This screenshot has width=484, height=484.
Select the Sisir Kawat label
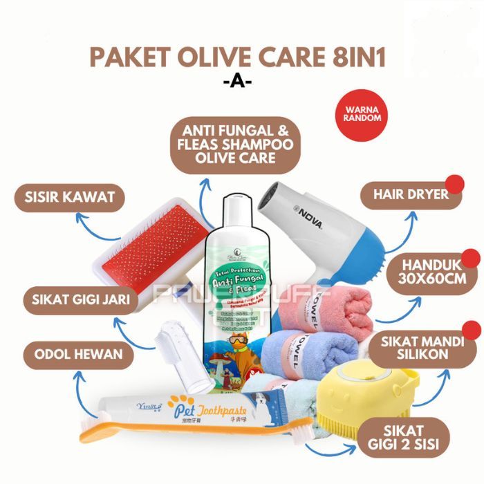tap(65, 198)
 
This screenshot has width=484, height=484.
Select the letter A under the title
tap(242, 82)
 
